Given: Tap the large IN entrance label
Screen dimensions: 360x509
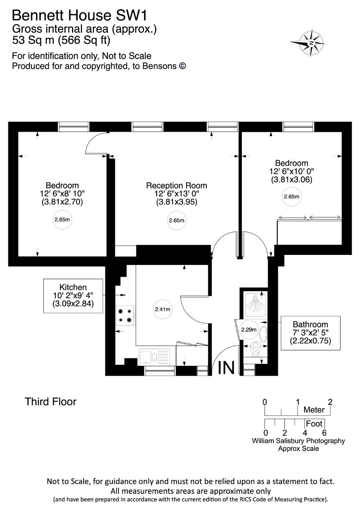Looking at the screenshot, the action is pos(226,367).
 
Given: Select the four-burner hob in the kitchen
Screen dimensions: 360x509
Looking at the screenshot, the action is pos(125,316).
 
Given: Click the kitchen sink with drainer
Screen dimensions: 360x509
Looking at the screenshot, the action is pos(154,357).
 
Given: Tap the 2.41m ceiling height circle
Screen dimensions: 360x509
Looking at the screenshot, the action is pos(163,309).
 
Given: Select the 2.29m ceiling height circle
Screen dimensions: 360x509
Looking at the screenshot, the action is pos(249,330).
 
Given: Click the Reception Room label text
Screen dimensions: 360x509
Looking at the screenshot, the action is pos(177,186).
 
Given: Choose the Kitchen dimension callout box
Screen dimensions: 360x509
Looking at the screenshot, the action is pos(73,296).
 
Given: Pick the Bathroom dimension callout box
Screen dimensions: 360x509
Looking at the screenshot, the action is pos(310,333).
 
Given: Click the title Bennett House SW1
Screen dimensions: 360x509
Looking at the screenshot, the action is pos(80,16).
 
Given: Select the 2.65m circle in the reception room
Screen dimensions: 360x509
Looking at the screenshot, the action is pos(177,220).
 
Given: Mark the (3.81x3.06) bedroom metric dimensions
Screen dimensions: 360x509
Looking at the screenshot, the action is pos(292,179).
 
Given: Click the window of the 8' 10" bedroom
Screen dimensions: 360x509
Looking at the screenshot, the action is pos(74,127).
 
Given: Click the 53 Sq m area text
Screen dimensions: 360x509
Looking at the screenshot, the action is pos(33,40).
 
